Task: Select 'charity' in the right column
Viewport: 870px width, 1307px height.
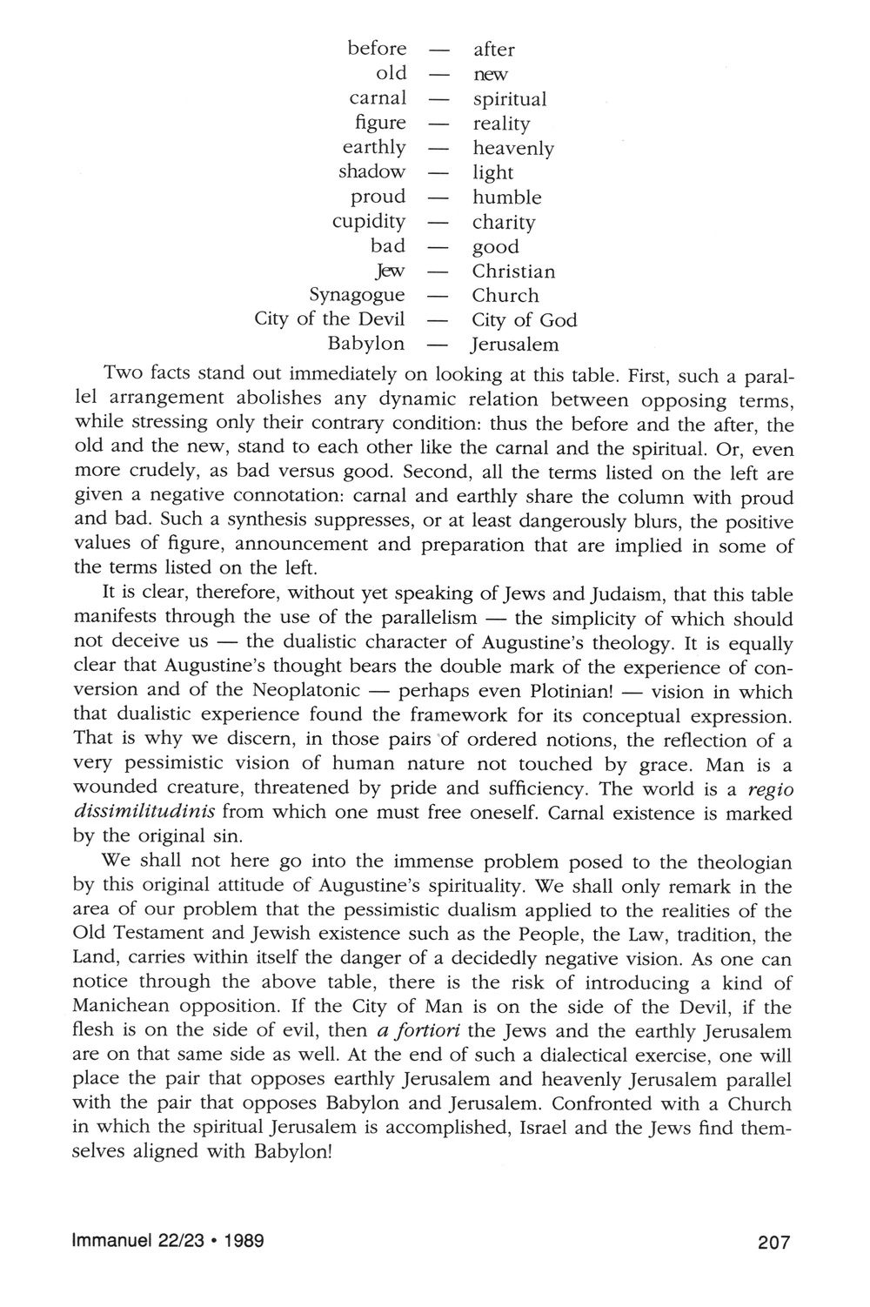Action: (x=504, y=223)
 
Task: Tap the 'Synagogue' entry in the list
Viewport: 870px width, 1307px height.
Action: (x=358, y=296)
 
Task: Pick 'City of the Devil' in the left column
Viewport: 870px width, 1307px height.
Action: (x=330, y=319)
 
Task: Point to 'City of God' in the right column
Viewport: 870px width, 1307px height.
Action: (x=525, y=320)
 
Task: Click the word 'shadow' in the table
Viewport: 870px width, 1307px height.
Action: (x=372, y=172)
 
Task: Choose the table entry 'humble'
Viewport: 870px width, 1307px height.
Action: (x=507, y=198)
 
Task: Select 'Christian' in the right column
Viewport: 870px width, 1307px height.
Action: (x=513, y=271)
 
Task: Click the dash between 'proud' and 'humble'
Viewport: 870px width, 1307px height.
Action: (x=439, y=198)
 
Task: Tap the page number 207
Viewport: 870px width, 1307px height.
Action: (x=773, y=1243)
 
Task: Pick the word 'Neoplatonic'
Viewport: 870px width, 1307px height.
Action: (x=307, y=693)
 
